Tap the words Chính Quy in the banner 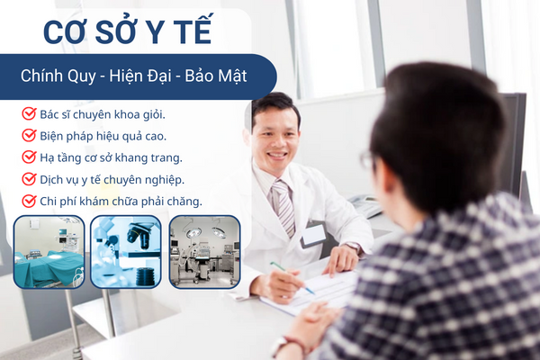click(x=58, y=76)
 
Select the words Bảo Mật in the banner click(x=216, y=76)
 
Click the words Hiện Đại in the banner click(x=140, y=76)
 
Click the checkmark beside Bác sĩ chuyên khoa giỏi click(x=30, y=113)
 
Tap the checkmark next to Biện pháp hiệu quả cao click(x=30, y=135)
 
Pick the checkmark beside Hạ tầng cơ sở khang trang click(x=30, y=157)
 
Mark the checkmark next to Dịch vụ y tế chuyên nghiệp click(x=30, y=179)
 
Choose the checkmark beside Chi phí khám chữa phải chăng click(x=30, y=201)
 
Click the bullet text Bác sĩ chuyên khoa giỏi click(x=103, y=114)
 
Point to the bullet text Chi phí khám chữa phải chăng click(x=121, y=202)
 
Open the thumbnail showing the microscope click(x=126, y=252)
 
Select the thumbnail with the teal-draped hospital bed click(x=49, y=252)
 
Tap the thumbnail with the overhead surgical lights click(x=204, y=252)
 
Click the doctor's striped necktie click(x=284, y=208)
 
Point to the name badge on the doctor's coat click(x=313, y=235)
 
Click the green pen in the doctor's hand click(x=292, y=278)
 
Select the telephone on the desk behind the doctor click(x=365, y=205)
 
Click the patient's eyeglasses click(x=368, y=161)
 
